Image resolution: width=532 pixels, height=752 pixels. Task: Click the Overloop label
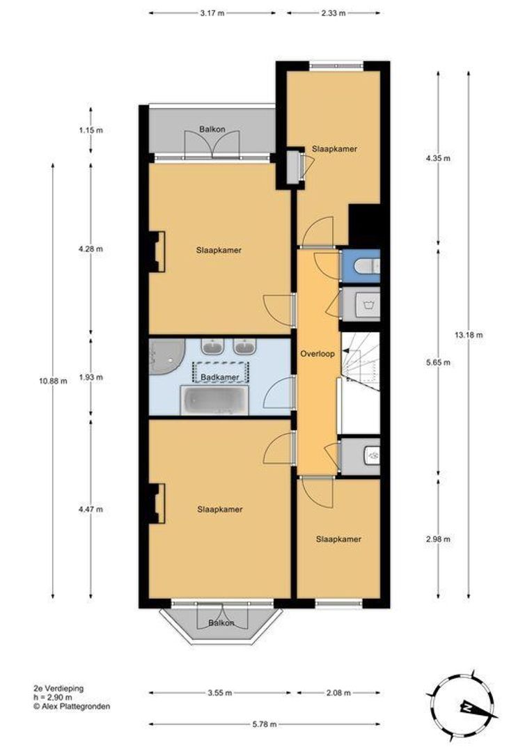pos(317,354)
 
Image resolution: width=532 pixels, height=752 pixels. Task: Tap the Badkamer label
pos(220,377)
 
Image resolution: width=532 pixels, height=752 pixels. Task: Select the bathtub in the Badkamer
pos(214,401)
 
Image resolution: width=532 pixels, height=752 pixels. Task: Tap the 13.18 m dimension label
pos(468,335)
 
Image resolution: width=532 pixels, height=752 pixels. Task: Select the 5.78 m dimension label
pos(265,724)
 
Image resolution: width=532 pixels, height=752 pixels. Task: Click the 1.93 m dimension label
pos(91,377)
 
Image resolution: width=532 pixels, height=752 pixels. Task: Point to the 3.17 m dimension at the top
pos(212,13)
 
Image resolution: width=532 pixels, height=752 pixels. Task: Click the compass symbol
pos(462,705)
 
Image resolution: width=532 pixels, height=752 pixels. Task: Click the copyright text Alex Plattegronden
pos(72,706)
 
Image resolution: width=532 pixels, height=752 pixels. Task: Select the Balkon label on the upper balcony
pos(212,129)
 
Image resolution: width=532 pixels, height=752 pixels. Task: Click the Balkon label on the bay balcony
pos(221,623)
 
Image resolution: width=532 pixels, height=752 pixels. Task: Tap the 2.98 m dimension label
pos(438,539)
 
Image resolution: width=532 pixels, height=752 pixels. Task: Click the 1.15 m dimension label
pos(91,130)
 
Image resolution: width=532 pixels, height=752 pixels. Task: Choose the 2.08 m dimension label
pos(338,693)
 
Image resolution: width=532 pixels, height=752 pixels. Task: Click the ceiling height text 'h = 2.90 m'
pos(53,697)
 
